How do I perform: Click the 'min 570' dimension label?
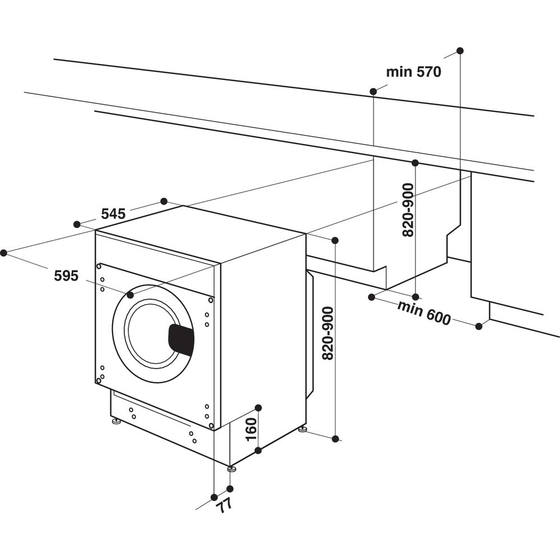point(414,72)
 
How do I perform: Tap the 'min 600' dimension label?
point(424,312)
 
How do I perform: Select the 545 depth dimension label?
point(113,213)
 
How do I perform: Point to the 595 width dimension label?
point(66,275)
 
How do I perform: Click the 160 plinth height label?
point(251,429)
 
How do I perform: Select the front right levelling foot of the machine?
point(231,468)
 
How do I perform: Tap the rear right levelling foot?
point(302,429)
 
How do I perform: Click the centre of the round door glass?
point(152,333)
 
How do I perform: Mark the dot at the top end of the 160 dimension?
point(258,407)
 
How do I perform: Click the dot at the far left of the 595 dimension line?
point(3,253)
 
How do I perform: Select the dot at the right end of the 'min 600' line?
point(478,326)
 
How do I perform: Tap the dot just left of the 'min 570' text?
point(373,91)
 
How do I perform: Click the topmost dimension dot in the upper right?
point(460,50)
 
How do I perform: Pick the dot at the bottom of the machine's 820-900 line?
point(335,439)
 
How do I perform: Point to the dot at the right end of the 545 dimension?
point(164,201)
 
